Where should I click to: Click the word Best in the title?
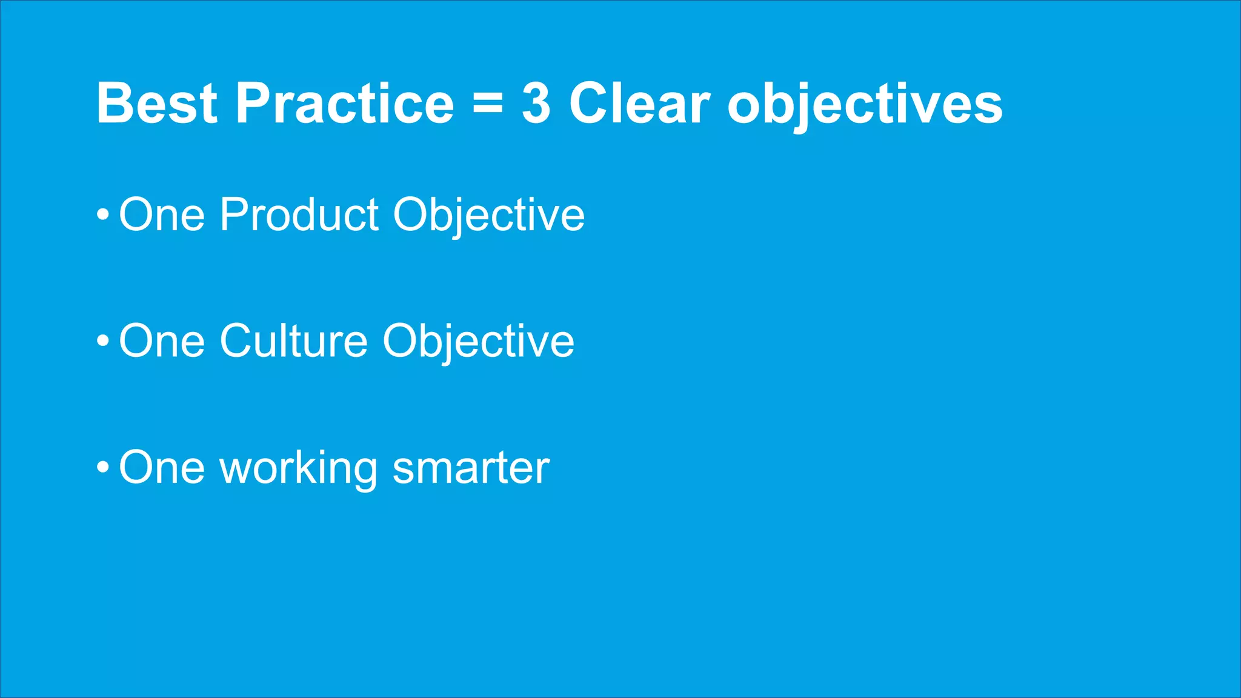pos(156,104)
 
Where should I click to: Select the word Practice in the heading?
pos(344,104)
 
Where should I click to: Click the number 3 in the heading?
pos(536,104)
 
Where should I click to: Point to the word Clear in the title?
pos(639,104)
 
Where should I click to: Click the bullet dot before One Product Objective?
pos(103,215)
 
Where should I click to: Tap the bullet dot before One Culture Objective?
pos(103,341)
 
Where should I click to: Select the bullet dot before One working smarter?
pos(103,468)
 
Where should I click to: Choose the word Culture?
pos(293,341)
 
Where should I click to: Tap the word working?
pos(299,469)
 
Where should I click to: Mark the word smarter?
pos(471,469)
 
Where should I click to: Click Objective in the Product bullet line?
pos(488,216)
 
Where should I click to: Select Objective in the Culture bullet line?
pos(478,342)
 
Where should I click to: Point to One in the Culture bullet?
pos(162,341)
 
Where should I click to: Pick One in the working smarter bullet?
pos(162,468)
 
